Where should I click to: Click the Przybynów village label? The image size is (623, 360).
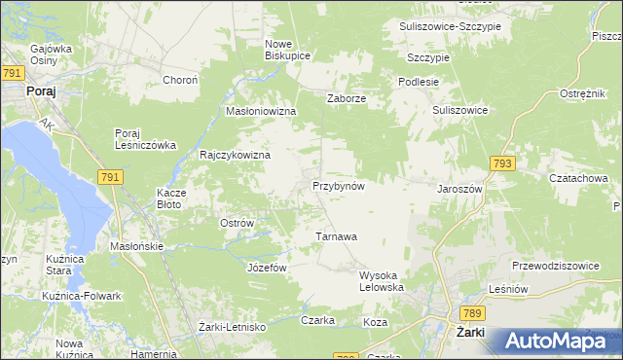pyautogui.click(x=338, y=185)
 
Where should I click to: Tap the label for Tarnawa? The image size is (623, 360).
pyautogui.click(x=337, y=235)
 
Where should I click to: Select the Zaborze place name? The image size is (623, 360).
pyautogui.click(x=346, y=97)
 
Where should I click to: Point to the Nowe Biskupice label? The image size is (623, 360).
pyautogui.click(x=287, y=50)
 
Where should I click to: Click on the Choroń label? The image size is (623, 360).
pyautogui.click(x=180, y=80)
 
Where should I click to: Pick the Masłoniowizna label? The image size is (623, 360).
pyautogui.click(x=260, y=112)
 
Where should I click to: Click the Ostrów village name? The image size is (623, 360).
pyautogui.click(x=237, y=223)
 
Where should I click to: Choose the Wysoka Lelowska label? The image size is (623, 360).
pyautogui.click(x=382, y=281)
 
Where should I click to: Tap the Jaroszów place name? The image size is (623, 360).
pyautogui.click(x=460, y=189)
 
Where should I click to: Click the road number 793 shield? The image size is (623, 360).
pyautogui.click(x=502, y=164)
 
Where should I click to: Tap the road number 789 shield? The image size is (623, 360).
pyautogui.click(x=471, y=311)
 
